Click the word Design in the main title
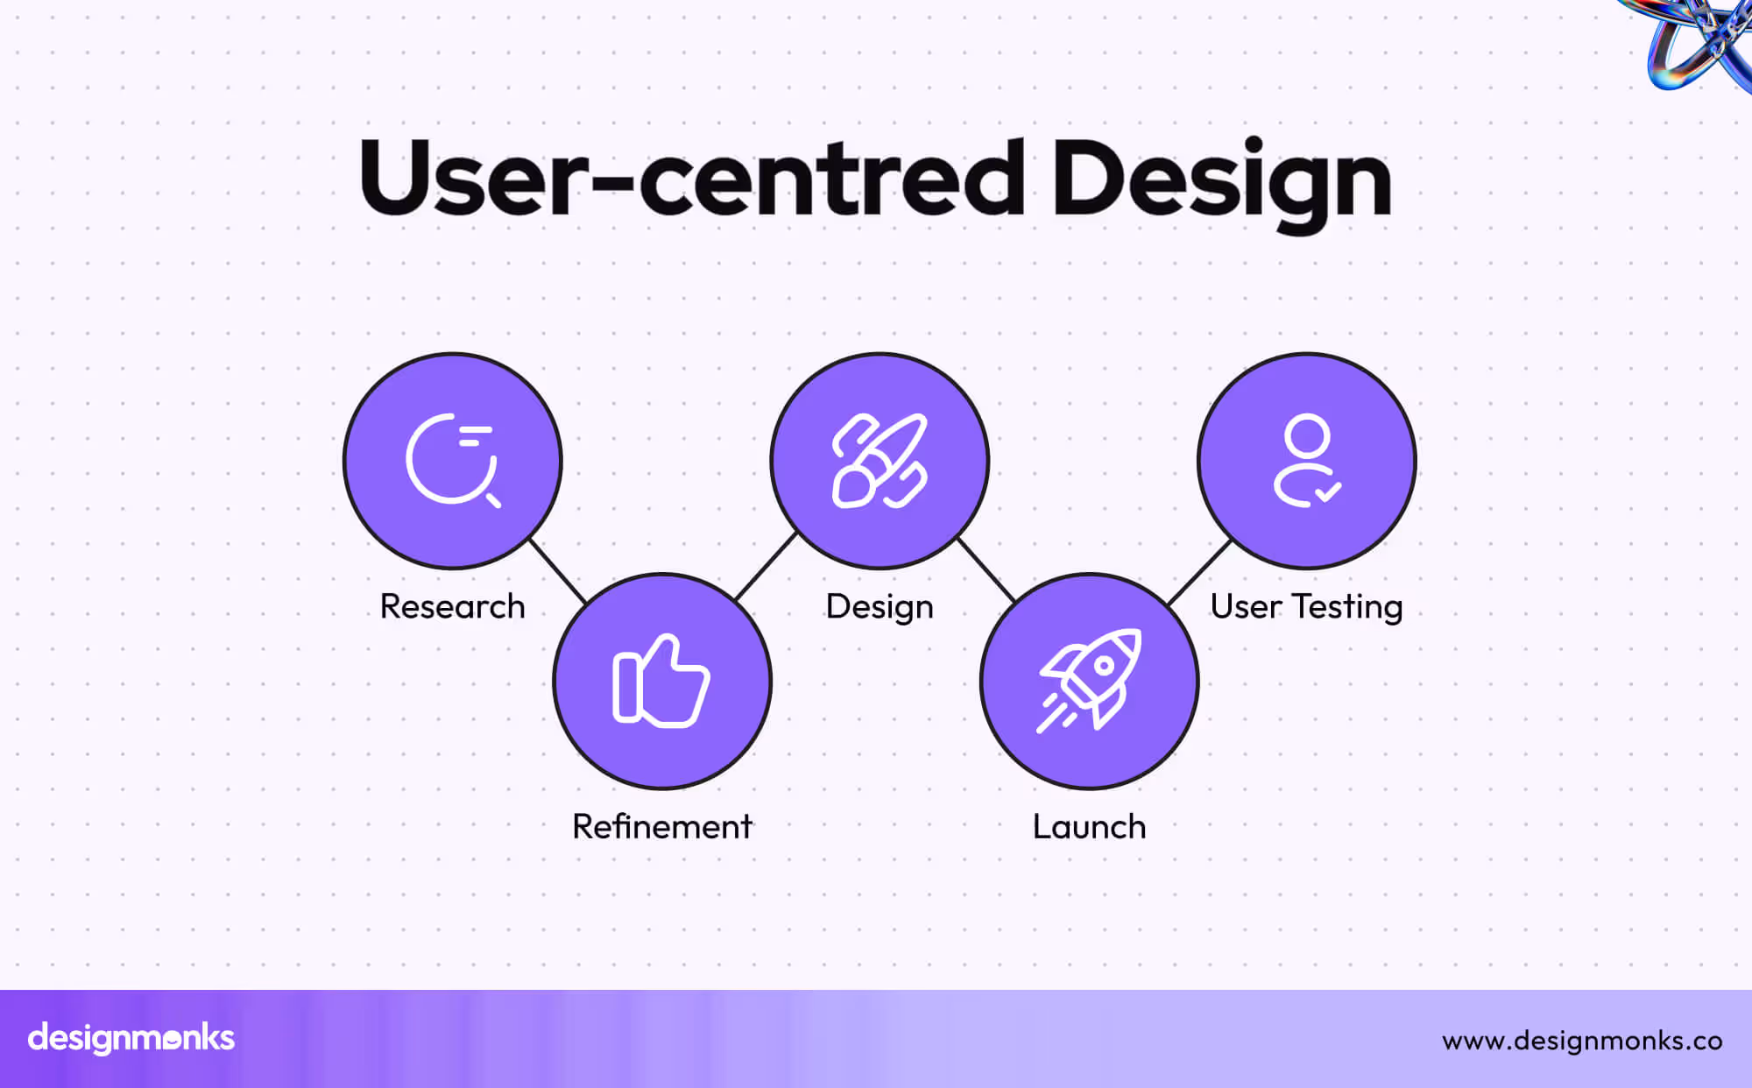(1221, 180)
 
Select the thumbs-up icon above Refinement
(661, 681)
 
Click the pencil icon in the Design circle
(880, 460)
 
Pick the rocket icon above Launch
(1090, 680)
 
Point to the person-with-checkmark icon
(1306, 460)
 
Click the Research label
(452, 606)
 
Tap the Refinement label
(661, 826)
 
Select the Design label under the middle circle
(880, 607)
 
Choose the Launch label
(1089, 826)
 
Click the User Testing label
(1306, 606)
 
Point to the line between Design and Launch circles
(987, 570)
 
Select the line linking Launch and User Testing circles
(1199, 571)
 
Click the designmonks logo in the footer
(131, 1038)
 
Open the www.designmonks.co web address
(1582, 1040)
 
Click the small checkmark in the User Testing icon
(1328, 491)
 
